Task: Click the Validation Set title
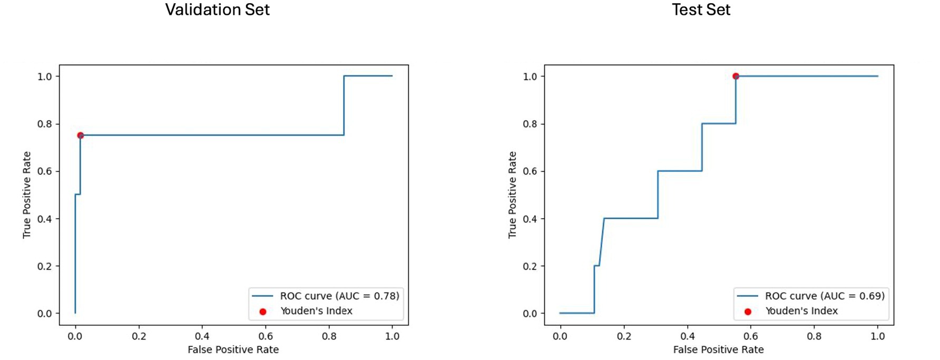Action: coord(217,9)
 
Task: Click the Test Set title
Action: coord(701,9)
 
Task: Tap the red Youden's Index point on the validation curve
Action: coord(81,135)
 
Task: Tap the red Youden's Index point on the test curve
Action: coord(736,76)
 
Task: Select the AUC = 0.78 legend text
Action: coord(339,296)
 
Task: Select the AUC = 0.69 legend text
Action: coord(825,296)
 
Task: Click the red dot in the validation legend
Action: coord(263,312)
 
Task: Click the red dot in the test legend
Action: coord(748,312)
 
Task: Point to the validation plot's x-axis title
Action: coord(233,349)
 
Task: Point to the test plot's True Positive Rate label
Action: coord(512,194)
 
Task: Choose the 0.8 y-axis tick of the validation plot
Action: coord(45,124)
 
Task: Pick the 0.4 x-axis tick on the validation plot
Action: coord(202,336)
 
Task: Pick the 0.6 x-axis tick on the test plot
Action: coord(750,336)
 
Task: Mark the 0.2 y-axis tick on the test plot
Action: coord(530,266)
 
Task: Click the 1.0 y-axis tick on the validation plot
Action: coord(45,76)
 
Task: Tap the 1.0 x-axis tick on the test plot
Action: coord(877,336)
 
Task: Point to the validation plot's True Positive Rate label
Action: coord(27,194)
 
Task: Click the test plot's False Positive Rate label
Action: coord(718,349)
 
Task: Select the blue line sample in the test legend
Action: coord(747,296)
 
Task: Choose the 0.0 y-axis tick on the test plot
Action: coord(530,314)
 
